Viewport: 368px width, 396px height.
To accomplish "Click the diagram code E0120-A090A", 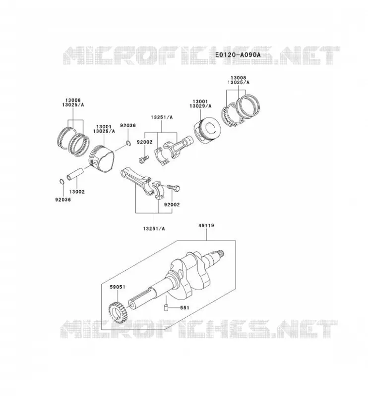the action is [238, 54].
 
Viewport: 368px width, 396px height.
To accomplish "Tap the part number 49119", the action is [206, 225].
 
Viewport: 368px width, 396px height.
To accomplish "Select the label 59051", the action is [118, 287].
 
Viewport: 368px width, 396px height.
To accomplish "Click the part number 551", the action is [184, 307].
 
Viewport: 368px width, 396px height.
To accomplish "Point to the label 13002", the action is [77, 192].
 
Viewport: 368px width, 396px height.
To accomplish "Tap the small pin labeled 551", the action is [166, 307].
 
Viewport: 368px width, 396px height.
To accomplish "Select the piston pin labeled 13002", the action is [75, 174].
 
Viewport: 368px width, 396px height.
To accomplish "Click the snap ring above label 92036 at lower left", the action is [61, 182].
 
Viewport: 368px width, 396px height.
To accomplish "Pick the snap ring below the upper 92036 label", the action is [128, 144].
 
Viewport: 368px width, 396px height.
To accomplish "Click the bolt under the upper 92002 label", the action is [143, 159].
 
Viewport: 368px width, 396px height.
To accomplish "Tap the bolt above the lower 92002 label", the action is [174, 188].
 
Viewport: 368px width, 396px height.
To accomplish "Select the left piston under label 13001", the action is [101, 158].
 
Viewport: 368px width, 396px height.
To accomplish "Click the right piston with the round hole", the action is [207, 131].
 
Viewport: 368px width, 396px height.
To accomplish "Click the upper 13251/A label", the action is [162, 117].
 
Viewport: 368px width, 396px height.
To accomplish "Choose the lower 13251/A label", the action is [154, 229].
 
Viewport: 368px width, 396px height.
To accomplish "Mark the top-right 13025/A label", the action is [239, 82].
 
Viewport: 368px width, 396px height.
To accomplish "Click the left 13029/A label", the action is [104, 131].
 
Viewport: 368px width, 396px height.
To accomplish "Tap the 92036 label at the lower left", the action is [63, 199].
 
